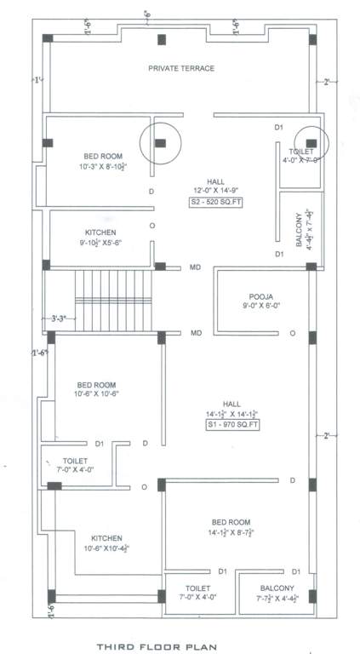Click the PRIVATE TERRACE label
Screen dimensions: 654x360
(180, 68)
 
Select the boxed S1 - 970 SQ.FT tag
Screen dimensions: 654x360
(232, 423)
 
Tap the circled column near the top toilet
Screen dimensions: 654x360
(311, 142)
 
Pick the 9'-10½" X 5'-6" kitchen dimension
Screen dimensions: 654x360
(100, 243)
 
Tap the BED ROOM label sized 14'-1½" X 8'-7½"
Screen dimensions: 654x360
(231, 521)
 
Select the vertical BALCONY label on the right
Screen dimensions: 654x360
(300, 230)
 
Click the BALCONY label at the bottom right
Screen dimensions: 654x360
(277, 588)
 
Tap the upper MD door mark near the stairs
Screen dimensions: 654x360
(195, 268)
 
